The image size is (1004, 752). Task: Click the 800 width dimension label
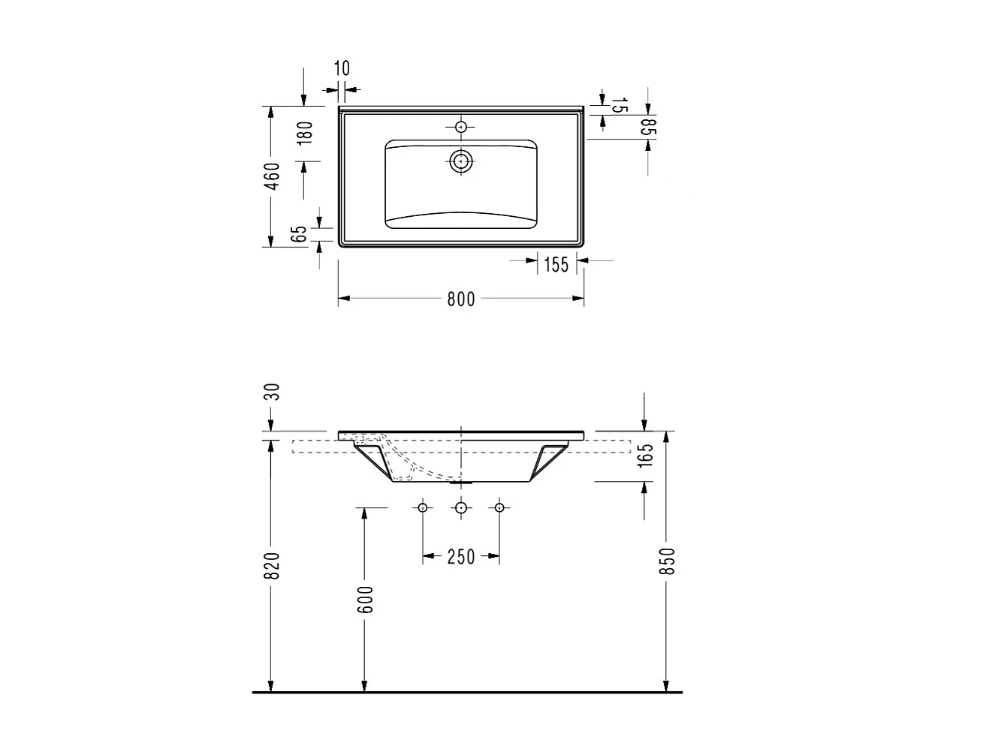(461, 299)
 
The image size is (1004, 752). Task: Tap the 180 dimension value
(304, 134)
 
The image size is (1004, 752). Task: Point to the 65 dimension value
(300, 233)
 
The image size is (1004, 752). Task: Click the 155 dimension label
(556, 264)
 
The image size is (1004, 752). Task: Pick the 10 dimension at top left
(341, 69)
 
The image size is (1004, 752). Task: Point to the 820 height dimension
(273, 565)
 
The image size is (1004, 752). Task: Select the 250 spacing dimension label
(461, 557)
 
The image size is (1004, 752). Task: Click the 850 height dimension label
(667, 561)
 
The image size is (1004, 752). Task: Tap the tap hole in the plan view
(461, 127)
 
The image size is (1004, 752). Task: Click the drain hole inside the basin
(461, 160)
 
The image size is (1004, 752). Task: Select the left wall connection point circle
(423, 508)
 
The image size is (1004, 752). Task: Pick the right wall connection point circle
(499, 508)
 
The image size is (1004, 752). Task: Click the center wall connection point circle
(461, 508)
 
